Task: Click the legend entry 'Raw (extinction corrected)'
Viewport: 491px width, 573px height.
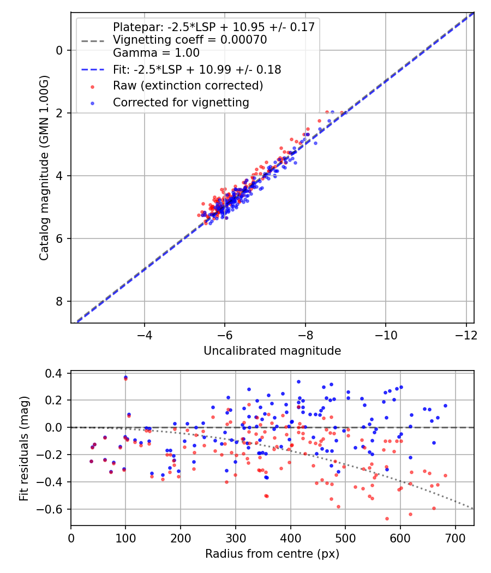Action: pos(188,86)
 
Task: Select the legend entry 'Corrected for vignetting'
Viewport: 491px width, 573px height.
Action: pos(181,103)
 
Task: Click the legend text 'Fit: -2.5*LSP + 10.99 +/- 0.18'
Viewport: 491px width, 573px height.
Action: pos(197,69)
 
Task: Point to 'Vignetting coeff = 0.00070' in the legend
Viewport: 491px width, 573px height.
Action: pos(189,40)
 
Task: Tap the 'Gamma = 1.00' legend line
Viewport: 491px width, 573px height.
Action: pos(156,53)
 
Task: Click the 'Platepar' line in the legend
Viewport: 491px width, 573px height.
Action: pos(213,27)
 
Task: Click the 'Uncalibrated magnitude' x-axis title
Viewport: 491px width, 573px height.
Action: pos(272,351)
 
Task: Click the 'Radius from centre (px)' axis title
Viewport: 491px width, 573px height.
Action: pos(272,553)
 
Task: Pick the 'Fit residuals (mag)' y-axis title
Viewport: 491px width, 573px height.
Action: pos(23,448)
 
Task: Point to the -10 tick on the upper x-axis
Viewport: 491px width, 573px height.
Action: pos(386,332)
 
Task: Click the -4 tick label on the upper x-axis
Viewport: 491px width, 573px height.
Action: pos(145,332)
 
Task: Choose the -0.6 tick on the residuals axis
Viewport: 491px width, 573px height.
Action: pos(55,509)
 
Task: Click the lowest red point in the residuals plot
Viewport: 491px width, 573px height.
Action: pos(387,518)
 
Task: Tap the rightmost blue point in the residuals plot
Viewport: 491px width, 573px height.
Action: pos(445,405)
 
